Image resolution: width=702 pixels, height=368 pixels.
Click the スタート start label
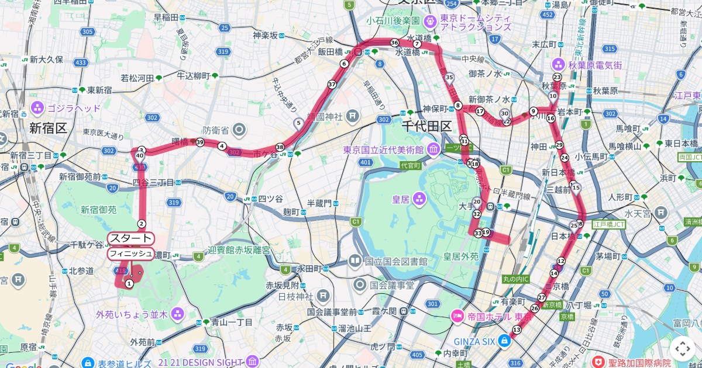pos(130,238)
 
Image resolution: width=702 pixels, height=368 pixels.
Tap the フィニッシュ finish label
pos(130,254)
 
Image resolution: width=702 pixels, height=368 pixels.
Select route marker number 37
pos(332,84)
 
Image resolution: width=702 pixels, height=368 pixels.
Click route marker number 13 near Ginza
pos(516,330)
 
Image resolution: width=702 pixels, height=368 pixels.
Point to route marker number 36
pos(395,43)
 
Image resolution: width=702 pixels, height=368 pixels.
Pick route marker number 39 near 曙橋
pos(200,142)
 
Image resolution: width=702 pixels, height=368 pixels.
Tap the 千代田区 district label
pos(426,126)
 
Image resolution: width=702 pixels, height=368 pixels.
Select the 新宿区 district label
pos(49,128)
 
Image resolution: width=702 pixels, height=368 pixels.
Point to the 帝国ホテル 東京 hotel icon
pos(457,316)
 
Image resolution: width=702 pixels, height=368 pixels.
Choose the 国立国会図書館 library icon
pos(355,260)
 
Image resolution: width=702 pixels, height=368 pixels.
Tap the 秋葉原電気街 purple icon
pos(558,65)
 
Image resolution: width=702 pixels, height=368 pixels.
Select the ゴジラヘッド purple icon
pos(38,108)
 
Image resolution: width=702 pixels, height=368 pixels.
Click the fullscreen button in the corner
pos(682,349)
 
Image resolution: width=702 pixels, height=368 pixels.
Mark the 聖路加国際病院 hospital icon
pos(598,362)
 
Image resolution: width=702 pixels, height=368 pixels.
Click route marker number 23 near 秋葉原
pos(557,77)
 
